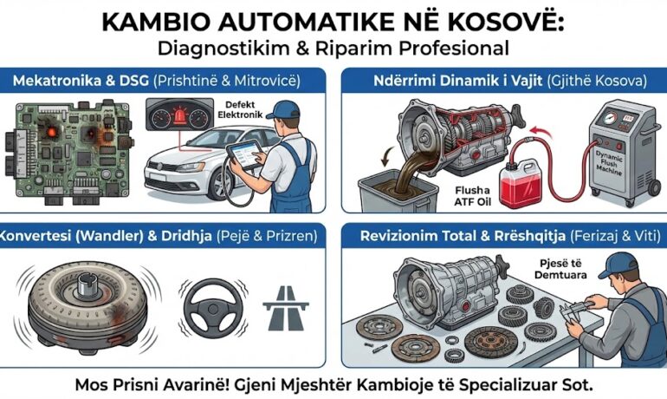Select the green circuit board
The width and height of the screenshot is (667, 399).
coord(69,147)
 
